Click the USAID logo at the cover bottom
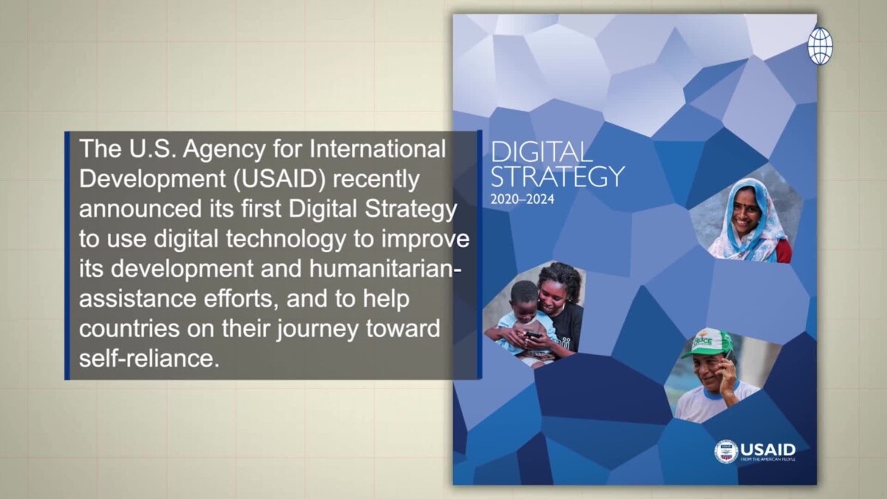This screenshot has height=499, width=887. (x=755, y=451)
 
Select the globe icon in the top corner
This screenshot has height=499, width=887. (x=819, y=46)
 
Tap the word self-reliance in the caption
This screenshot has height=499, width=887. (x=150, y=359)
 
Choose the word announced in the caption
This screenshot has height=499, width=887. (x=144, y=211)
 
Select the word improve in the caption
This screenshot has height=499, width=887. (x=429, y=240)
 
